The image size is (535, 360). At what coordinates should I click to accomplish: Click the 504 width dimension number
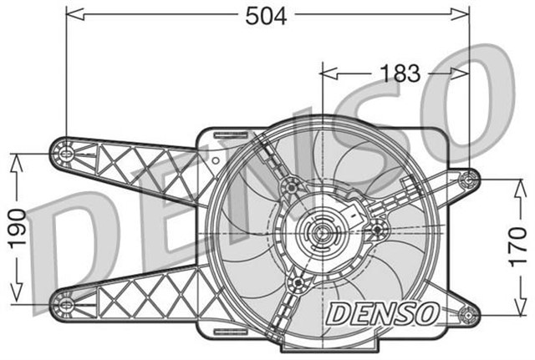point(267,16)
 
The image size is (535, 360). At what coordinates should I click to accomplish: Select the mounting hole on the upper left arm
point(66,153)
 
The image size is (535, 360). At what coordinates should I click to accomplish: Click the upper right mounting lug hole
point(471,177)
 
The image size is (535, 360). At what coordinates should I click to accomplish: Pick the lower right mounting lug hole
point(471,317)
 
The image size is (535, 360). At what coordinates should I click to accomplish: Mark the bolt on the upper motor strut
point(291,185)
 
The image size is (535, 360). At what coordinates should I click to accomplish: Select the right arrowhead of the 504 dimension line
point(463,14)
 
